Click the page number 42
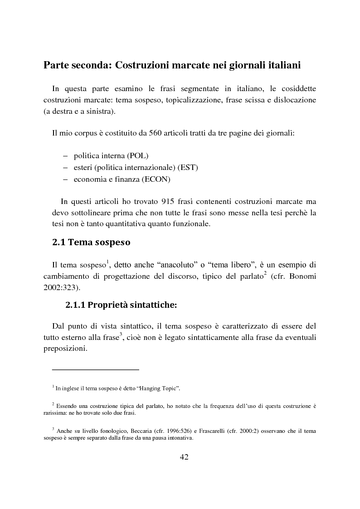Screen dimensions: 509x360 (184, 456)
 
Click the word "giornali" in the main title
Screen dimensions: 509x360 (243, 65)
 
